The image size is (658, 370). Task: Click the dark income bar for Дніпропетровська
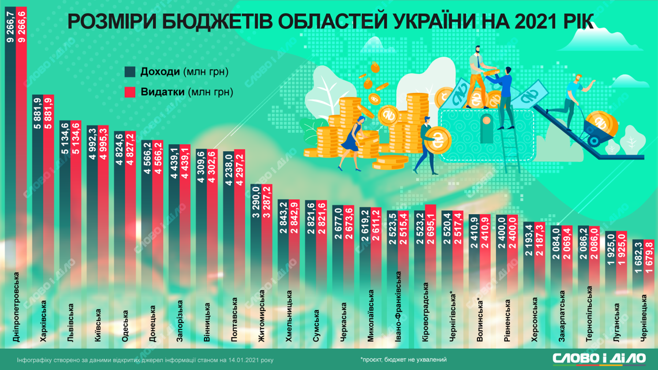(10, 144)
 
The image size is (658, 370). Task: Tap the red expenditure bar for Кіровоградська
(429, 242)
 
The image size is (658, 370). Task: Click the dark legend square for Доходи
(130, 72)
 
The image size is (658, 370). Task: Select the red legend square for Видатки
(130, 92)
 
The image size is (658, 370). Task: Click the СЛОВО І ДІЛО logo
(599, 358)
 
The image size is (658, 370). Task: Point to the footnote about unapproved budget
(403, 359)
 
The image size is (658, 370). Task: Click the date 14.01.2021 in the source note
(236, 359)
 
